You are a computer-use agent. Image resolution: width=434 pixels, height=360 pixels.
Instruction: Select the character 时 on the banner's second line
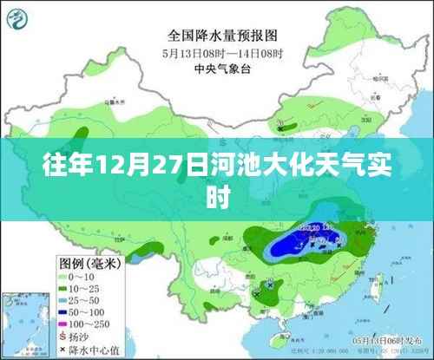coord(216,198)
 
